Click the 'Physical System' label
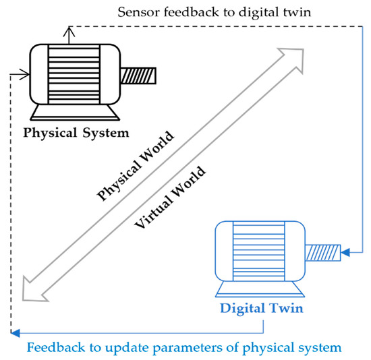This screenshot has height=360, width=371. pos(76,132)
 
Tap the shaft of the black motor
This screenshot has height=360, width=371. pos(139,76)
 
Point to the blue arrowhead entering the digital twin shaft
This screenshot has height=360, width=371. pos(345,253)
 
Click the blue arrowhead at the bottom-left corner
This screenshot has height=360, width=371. pos(16,332)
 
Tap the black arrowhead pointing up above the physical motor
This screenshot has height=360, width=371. pos(67,30)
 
